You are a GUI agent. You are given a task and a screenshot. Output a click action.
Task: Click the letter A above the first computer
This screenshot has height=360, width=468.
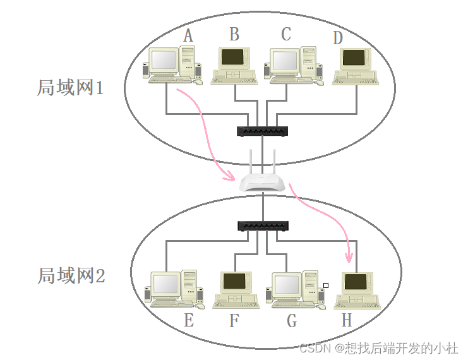188,35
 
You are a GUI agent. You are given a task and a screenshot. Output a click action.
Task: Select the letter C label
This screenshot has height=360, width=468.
286,33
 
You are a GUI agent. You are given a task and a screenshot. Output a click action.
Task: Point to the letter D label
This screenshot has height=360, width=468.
338,38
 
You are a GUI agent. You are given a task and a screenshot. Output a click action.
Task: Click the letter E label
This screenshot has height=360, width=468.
188,320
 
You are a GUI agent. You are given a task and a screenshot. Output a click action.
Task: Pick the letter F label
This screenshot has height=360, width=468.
234,321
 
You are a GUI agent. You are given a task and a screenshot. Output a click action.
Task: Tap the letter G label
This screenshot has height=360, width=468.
291,321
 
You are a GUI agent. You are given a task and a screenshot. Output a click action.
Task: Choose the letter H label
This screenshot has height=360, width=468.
346,321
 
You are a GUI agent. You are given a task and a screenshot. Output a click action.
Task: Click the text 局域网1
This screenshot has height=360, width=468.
70,87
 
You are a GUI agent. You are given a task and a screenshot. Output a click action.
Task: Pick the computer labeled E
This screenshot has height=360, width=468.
174,289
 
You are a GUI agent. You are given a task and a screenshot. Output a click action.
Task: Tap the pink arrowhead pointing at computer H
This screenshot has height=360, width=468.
348,258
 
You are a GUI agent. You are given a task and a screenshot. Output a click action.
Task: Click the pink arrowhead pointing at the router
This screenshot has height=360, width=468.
229,178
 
